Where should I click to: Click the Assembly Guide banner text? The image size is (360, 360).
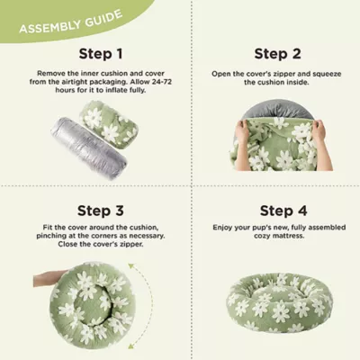[71, 22]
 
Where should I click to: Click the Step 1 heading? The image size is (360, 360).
[101, 54]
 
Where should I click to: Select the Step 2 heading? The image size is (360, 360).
[277, 54]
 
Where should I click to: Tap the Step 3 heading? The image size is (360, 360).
[101, 211]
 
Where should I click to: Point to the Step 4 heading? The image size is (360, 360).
[283, 211]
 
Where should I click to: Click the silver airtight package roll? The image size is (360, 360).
[89, 148]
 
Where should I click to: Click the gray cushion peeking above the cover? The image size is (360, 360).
[276, 110]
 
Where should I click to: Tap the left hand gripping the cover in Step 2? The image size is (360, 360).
[244, 132]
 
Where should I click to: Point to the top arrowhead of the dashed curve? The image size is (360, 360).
[130, 266]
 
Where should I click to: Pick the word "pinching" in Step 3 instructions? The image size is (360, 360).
[51, 236]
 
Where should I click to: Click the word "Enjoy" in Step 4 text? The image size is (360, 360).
[222, 228]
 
